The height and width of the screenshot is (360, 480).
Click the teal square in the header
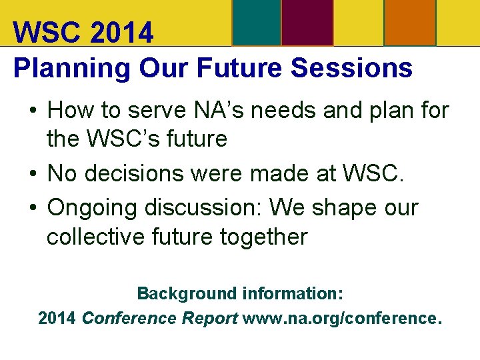[256, 23]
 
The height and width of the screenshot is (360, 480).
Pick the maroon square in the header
[307, 23]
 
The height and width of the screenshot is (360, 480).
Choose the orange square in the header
[410, 23]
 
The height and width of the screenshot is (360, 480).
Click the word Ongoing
[89, 208]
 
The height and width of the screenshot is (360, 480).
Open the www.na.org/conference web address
[342, 318]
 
